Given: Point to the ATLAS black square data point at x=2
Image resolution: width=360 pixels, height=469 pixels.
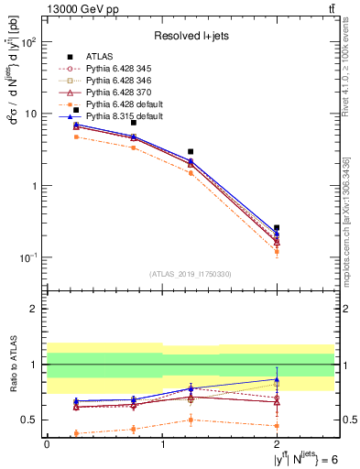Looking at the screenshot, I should click(277, 227).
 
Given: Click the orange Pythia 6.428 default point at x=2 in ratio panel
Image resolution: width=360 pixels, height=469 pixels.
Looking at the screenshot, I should click(277, 426).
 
